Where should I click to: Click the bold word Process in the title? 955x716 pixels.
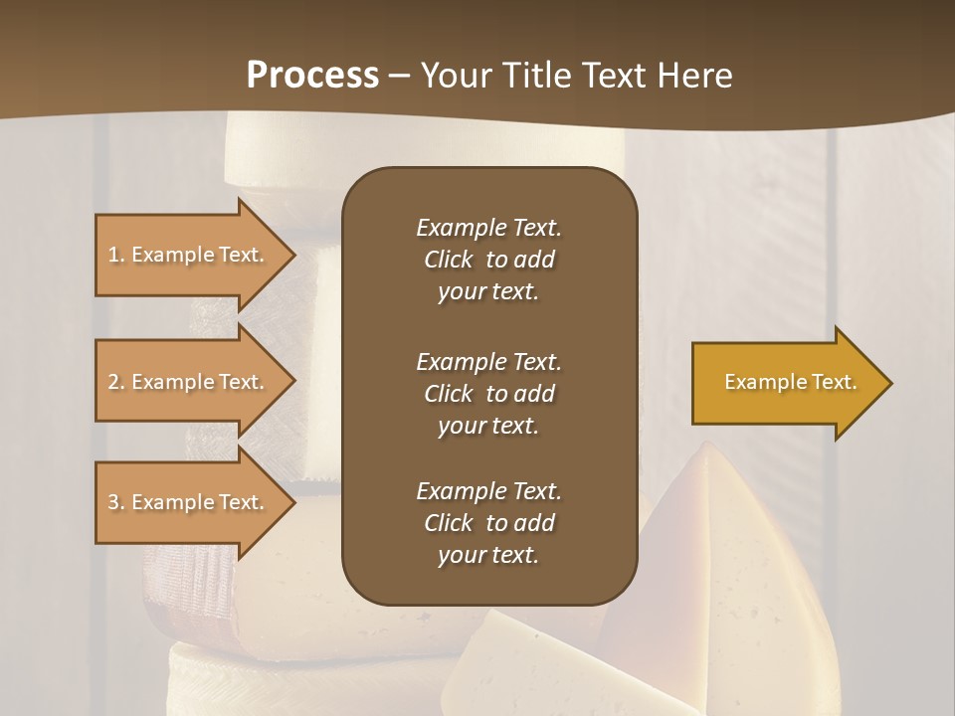point(312,76)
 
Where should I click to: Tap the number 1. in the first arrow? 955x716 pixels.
point(116,255)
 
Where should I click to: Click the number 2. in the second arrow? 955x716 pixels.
point(116,382)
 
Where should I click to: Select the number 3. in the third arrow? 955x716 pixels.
point(116,502)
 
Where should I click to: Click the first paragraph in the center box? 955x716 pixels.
point(488,260)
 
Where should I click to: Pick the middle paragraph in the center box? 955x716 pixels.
point(488,393)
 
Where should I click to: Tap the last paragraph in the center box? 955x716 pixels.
point(488,523)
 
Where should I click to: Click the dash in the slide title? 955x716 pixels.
point(399,76)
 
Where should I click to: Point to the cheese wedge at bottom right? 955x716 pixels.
point(736,557)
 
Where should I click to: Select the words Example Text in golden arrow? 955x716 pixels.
point(791,382)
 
